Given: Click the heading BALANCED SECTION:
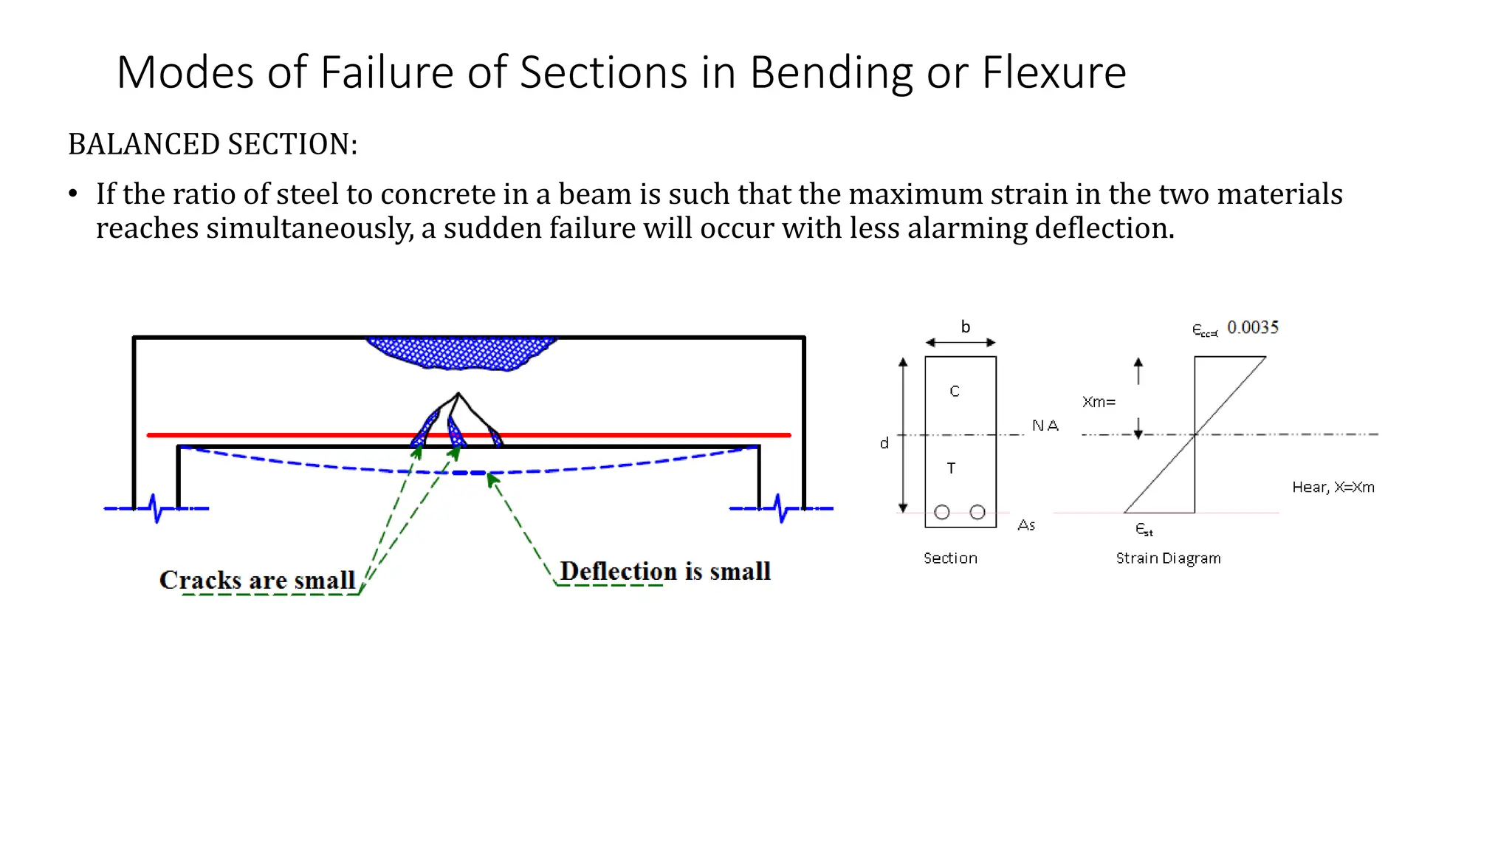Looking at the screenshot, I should click(x=213, y=144).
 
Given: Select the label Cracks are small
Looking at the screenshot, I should click(x=257, y=580).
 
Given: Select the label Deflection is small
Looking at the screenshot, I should click(x=664, y=571).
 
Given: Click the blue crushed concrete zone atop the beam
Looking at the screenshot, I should click(x=461, y=352).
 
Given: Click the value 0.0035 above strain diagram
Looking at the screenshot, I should click(x=1252, y=327).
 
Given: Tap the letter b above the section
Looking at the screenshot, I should click(x=965, y=327).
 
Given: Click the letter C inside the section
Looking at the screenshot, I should click(x=955, y=391).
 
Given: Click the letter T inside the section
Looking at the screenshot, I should click(x=952, y=468).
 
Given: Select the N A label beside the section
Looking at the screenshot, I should click(x=1045, y=425).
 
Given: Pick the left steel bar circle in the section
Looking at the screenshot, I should click(x=942, y=512).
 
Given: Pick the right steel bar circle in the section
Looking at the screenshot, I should click(x=977, y=512).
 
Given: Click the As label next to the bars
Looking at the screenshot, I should click(x=1026, y=525).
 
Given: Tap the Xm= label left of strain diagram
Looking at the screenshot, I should click(x=1099, y=402).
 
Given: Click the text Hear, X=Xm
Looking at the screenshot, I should click(x=1333, y=487).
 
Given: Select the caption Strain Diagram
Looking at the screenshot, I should click(x=1168, y=558).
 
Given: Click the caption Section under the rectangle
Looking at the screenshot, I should click(x=950, y=558).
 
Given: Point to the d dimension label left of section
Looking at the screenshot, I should click(x=884, y=443).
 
